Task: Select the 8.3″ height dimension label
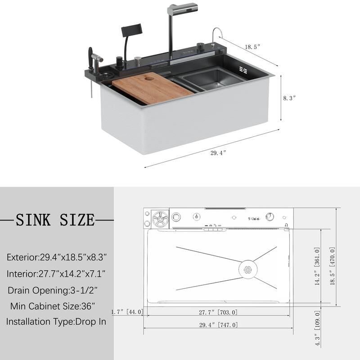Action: [289, 98]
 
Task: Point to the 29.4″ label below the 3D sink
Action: [218, 153]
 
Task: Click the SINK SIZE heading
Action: [56, 220]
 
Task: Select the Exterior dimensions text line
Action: [56, 257]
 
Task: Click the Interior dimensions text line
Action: [56, 274]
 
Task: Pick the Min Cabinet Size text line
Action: [53, 306]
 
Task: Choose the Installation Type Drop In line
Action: [56, 322]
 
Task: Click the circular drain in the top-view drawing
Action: [247, 270]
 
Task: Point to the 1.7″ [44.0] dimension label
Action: [127, 311]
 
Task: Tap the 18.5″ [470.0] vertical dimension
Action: [331, 265]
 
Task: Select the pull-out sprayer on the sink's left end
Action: [95, 58]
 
